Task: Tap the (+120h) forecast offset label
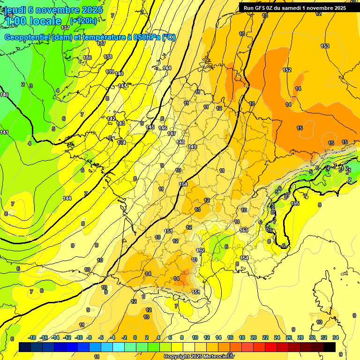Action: coord(83,21)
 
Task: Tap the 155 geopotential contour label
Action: coord(295,203)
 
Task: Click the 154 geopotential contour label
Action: coord(244,258)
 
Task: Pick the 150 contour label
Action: coord(183,184)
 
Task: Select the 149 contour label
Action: coord(192,147)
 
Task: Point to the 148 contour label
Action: coord(180,142)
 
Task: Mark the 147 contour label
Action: coord(172,134)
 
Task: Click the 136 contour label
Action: coord(87,58)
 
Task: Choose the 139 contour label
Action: coord(110,72)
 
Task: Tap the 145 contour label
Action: coord(150,127)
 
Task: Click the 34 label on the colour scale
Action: coord(336,337)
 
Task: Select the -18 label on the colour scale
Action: coord(32,337)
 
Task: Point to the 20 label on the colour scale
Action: coord(254,337)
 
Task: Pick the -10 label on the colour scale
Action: coord(79,337)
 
